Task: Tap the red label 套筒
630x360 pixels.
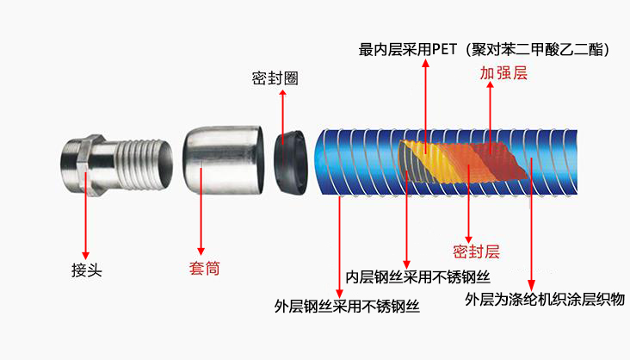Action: point(204,268)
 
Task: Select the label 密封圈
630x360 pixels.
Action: point(275,78)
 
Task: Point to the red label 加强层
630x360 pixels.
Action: point(503,73)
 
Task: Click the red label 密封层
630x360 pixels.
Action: point(476,251)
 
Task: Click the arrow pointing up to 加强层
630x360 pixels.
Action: point(491,112)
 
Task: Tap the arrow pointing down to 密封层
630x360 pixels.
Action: point(467,207)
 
